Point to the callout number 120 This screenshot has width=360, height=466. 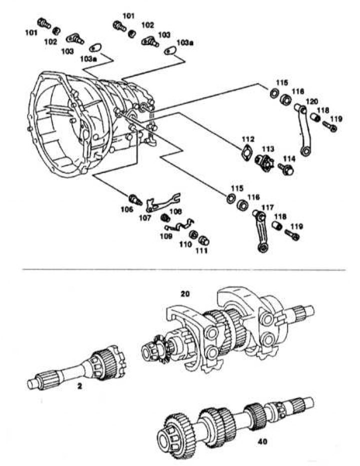pyautogui.click(x=311, y=101)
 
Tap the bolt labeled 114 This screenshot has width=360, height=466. pyautogui.click(x=287, y=170)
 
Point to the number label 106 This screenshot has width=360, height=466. pyautogui.click(x=126, y=210)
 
